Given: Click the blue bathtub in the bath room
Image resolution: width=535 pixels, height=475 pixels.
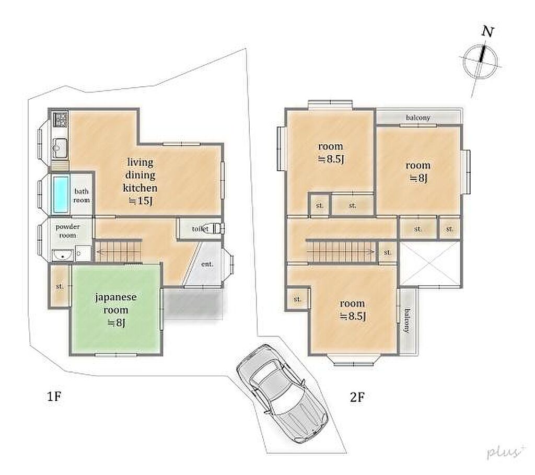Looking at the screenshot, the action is point(61,194).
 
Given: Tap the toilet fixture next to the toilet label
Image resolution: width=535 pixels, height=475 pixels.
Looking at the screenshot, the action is point(216,228).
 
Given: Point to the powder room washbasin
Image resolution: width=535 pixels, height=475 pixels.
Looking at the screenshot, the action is point(62,255).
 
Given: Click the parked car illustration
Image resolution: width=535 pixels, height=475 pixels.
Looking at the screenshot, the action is point(282,393).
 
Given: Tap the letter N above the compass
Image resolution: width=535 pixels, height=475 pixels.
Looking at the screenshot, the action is point(487,32).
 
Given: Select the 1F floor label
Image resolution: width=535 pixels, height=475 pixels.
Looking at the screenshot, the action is point(54,396).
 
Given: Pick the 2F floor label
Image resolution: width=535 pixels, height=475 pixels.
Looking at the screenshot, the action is point(357,397).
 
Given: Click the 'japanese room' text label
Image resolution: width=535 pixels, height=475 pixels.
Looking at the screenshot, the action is point(115,303).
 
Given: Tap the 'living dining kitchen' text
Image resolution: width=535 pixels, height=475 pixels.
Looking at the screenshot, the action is point(140,175).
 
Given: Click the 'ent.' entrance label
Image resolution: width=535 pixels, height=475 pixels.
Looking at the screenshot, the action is point(207,264).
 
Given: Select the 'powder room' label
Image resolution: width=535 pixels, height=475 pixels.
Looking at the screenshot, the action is point(67,230).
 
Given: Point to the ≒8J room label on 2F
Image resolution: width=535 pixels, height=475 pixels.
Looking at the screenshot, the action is point(418,171).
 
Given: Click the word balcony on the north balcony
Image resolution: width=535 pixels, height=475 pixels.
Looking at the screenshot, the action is point(418,118).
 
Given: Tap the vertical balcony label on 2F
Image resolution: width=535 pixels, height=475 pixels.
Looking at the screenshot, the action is point(406,321).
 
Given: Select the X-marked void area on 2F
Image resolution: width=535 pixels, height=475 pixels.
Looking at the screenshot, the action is point(430,263).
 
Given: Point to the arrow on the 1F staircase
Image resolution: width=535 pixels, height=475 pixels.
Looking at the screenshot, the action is point(119,252).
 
